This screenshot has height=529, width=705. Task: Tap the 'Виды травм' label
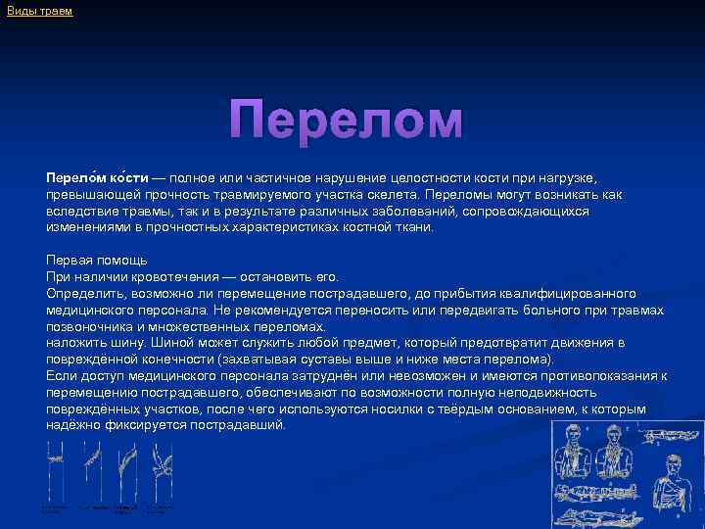[40, 11]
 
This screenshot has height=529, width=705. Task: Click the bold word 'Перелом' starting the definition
[74, 177]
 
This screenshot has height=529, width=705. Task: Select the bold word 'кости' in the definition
[127, 177]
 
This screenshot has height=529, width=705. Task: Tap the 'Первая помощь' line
[97, 260]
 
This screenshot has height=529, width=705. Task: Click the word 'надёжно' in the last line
[72, 425]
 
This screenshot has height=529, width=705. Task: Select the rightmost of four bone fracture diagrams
[156, 456]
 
